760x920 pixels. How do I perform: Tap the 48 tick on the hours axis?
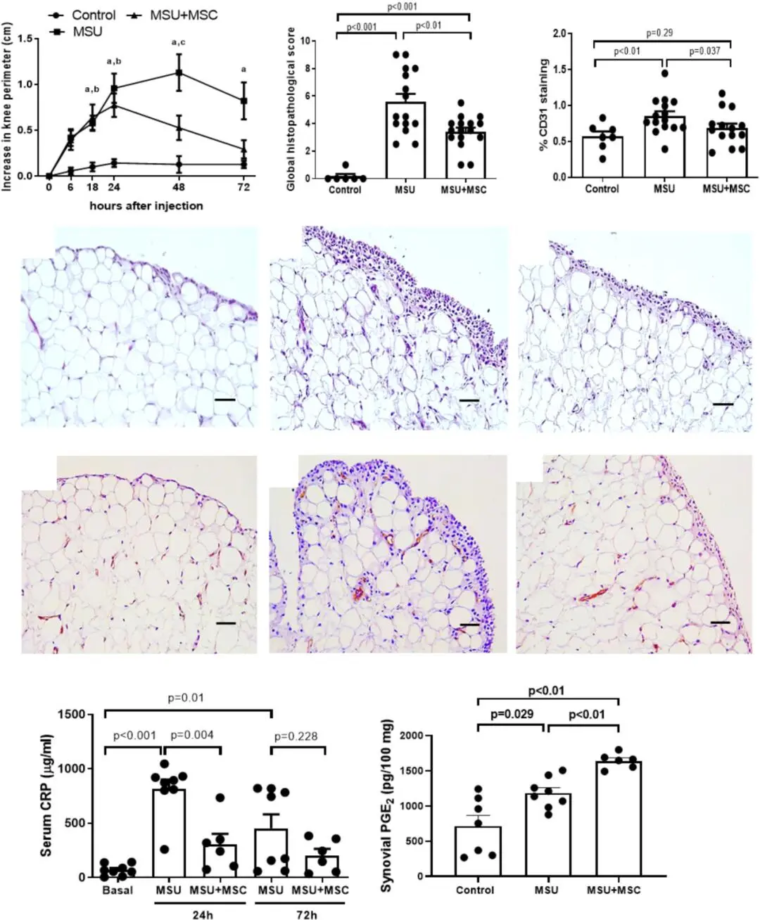tap(179, 189)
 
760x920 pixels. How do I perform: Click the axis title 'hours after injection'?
tap(146, 206)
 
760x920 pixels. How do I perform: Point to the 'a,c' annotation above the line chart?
tap(178, 43)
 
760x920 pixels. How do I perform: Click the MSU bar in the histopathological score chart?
tap(405, 141)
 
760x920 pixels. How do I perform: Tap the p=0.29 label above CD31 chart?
tap(659, 33)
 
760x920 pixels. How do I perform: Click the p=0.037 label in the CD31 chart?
tap(704, 51)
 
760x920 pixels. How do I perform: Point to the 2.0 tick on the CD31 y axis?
tap(559, 33)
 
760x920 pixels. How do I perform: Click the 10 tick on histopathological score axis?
tap(304, 41)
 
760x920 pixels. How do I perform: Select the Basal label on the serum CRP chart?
tap(118, 890)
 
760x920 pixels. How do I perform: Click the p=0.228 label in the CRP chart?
tap(296, 736)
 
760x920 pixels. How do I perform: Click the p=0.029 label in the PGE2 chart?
tap(512, 715)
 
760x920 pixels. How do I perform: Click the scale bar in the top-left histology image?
tap(224, 400)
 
